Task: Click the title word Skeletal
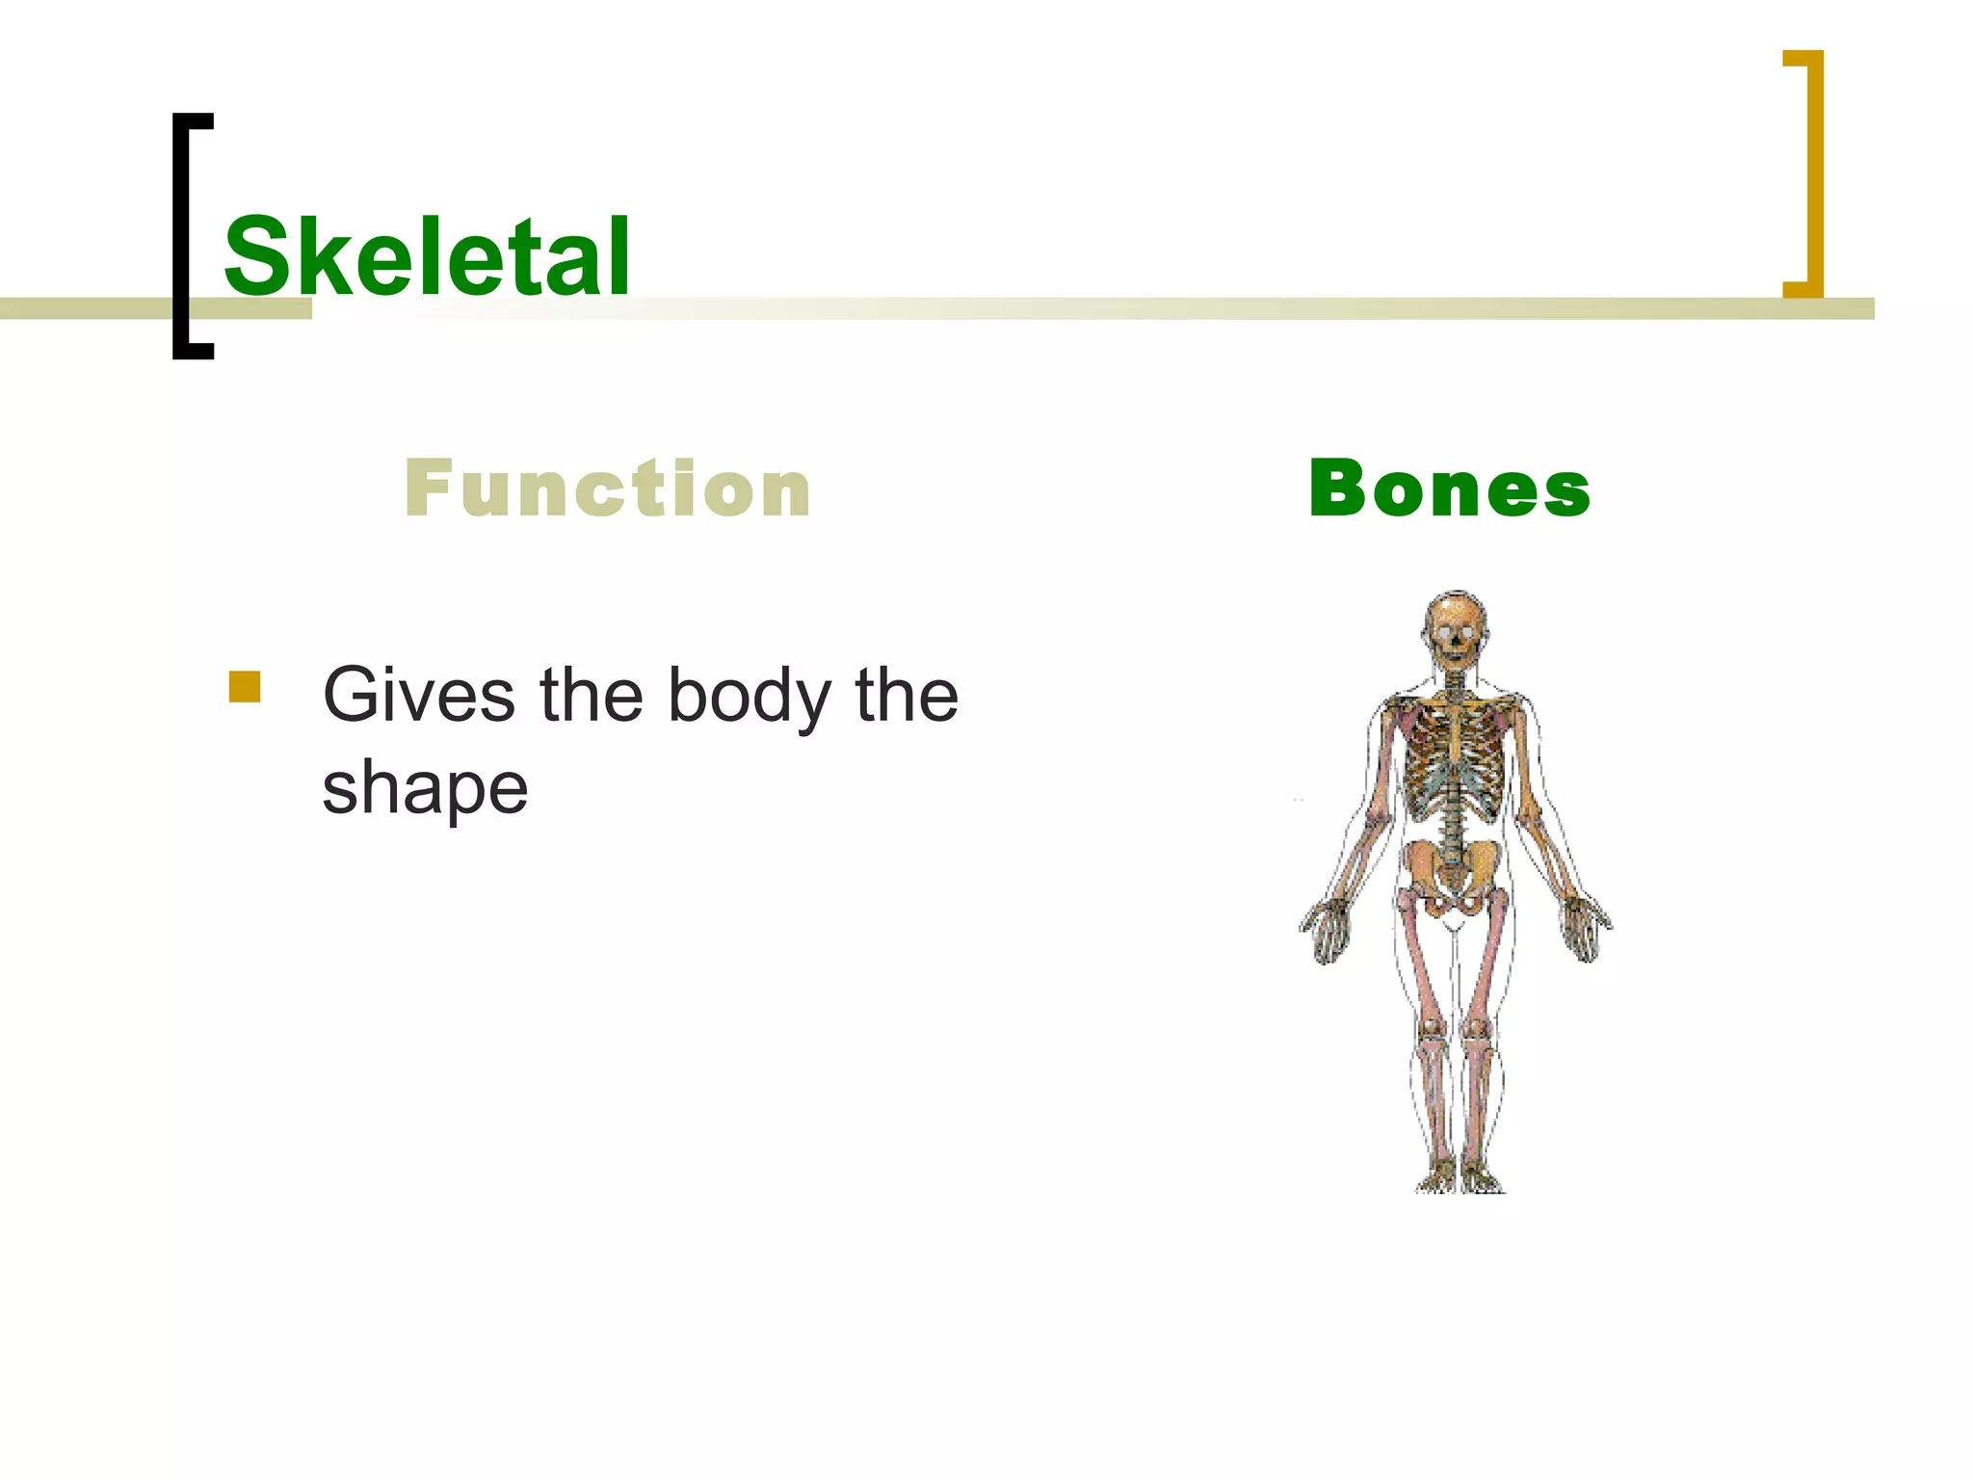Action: click(427, 256)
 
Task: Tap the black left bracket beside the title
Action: click(181, 236)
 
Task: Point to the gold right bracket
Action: click(1813, 173)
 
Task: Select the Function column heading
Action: click(608, 489)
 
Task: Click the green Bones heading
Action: click(1449, 489)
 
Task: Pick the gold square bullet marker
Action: click(245, 687)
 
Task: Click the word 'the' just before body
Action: click(591, 696)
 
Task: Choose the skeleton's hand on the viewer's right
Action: click(1585, 929)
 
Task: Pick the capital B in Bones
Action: click(1339, 489)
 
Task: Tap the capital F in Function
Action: click(428, 489)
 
